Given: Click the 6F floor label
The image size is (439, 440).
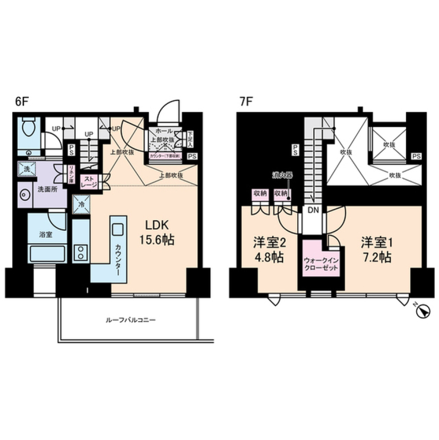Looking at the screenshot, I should pyautogui.click(x=21, y=102).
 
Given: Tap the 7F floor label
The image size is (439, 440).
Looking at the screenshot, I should pyautogui.click(x=246, y=102).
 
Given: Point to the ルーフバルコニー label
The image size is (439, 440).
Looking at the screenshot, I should pyautogui.click(x=128, y=320).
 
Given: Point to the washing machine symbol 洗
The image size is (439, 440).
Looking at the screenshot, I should pyautogui.click(x=26, y=169).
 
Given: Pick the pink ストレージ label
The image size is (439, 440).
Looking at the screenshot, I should pyautogui.click(x=89, y=182).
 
